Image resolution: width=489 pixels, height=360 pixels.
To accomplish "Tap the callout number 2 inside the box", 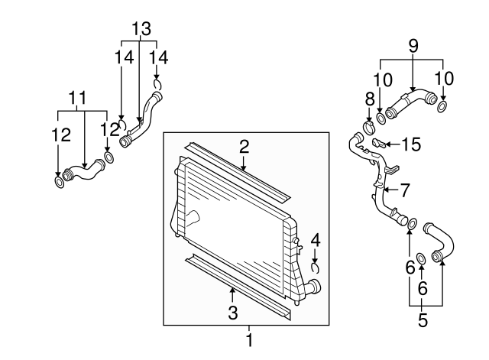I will coord(244,145).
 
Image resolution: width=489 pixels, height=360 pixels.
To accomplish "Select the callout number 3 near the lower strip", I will coord(233,312).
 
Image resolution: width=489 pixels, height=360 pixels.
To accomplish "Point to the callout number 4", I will coord(315,240).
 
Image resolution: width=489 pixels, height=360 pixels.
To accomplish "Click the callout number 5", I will coord(422,319).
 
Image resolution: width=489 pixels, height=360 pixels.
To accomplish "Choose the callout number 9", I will coord(413,46).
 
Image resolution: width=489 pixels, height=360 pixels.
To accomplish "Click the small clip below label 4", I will coord(316,268).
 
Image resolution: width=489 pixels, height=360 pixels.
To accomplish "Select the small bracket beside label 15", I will coord(378,142).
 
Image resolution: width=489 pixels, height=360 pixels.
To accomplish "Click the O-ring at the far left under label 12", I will coord(60,182).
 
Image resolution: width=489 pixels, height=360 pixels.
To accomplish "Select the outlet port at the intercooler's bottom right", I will coord(313,288).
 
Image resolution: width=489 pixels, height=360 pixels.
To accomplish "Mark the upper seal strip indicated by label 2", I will coord(237,170).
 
